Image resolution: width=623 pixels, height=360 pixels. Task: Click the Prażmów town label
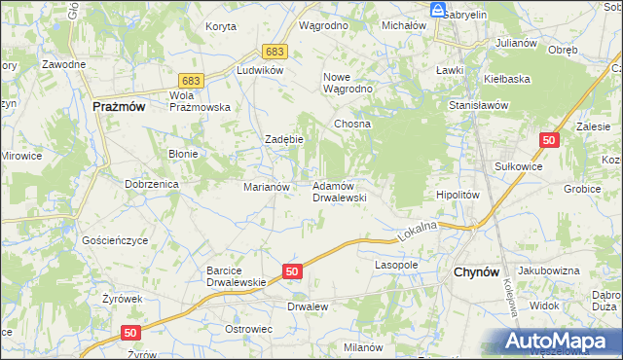[x=119, y=108]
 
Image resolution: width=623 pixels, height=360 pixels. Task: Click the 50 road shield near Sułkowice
[x=551, y=141]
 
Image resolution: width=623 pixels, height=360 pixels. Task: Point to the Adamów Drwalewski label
[x=338, y=191]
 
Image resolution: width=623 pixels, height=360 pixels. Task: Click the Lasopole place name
[x=396, y=265]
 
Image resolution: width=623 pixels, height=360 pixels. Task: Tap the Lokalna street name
[x=417, y=231]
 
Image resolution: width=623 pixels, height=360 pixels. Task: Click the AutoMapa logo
[x=561, y=342]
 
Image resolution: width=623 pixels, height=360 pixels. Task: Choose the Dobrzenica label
[x=149, y=183]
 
